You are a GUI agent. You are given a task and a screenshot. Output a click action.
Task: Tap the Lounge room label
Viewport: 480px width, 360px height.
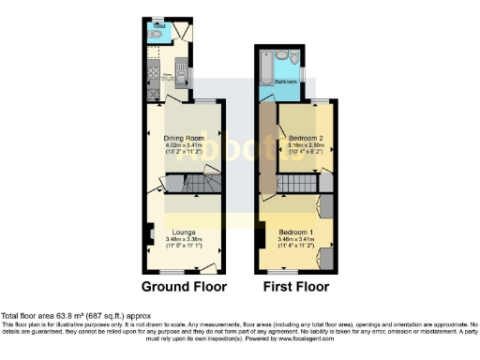(183, 231)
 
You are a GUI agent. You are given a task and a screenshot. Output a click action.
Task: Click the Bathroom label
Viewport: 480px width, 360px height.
(287, 83)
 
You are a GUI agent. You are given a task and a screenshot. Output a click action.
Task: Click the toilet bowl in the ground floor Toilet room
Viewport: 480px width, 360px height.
(150, 37)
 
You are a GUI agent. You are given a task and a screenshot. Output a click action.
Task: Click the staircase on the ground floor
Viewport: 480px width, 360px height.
(199, 185)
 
